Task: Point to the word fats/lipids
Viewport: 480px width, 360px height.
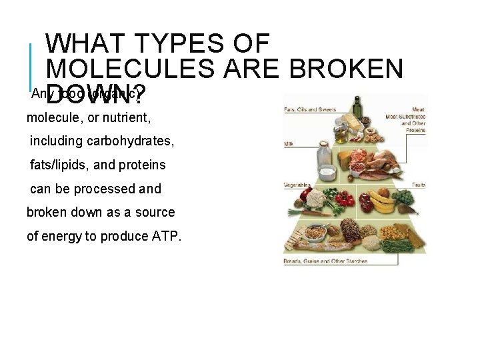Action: [65, 165]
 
